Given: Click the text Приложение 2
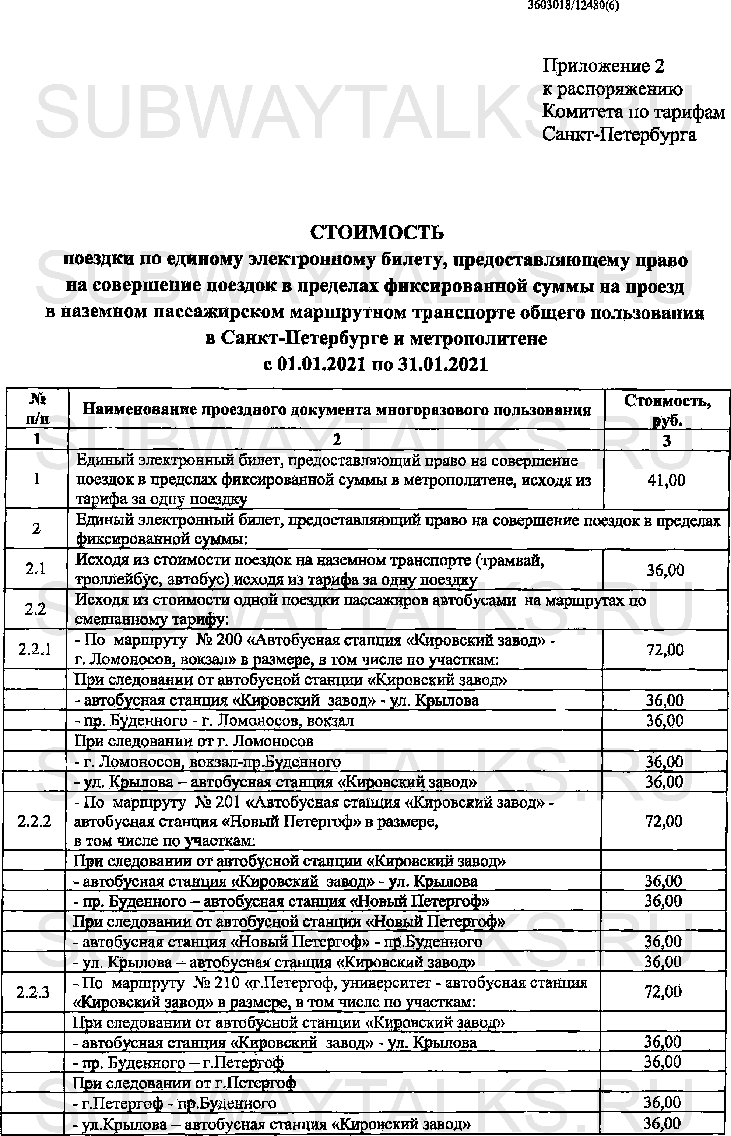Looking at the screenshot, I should [603, 66].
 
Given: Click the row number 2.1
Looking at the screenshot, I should [36, 569].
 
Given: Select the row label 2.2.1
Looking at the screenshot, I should [35, 649].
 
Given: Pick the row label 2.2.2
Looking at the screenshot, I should [34, 821].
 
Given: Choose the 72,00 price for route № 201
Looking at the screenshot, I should [664, 821].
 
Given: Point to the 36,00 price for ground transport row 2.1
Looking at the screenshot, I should [665, 569].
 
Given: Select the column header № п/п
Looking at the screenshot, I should [37, 409].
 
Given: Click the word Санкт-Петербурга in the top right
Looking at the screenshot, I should [619, 135].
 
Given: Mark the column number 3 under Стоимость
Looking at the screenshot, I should [667, 440].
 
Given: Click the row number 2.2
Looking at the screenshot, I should [35, 609].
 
